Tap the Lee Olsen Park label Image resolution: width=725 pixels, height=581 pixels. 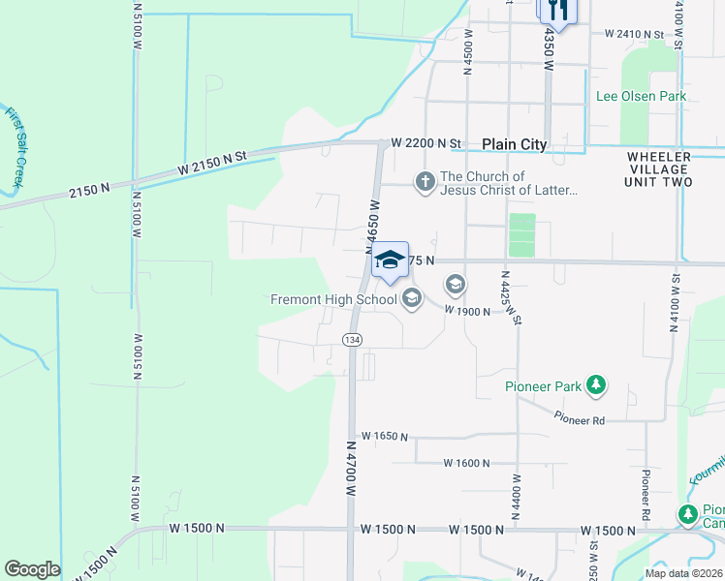click(x=640, y=96)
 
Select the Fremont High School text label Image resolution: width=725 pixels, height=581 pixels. click(x=335, y=299)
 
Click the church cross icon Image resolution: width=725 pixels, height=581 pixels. click(x=425, y=181)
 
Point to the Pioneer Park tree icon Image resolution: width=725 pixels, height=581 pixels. click(x=596, y=386)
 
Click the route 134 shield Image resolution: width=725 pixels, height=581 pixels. click(x=351, y=337)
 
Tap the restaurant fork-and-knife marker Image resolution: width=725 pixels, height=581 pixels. click(x=557, y=11)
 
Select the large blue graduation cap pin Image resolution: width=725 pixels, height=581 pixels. click(x=390, y=260)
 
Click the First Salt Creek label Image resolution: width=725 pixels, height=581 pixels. click(x=16, y=146)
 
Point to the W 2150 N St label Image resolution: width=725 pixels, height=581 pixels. click(x=212, y=158)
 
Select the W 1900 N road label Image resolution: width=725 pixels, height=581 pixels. click(x=469, y=311)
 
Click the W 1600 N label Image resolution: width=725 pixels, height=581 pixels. click(x=468, y=463)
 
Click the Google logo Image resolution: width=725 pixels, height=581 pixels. click(x=32, y=569)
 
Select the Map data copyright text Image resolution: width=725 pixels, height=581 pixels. click(x=684, y=573)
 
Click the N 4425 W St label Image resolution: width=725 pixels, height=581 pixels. click(x=512, y=297)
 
